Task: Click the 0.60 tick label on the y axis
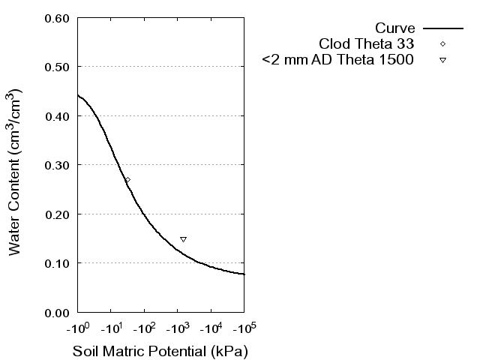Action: (58, 18)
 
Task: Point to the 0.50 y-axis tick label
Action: (58, 67)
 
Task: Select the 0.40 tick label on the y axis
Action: (58, 116)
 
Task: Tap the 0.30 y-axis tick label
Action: (58, 165)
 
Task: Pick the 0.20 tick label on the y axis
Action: (58, 214)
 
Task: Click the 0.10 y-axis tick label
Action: (58, 263)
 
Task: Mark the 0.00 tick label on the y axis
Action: (58, 312)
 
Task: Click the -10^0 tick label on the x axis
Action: (77, 328)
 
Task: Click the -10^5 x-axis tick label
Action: (244, 328)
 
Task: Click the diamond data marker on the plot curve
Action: (127, 180)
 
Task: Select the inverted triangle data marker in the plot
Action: (183, 239)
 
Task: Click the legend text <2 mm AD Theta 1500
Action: (337, 60)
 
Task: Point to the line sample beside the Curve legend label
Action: (442, 28)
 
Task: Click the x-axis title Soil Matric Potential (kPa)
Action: (160, 351)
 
